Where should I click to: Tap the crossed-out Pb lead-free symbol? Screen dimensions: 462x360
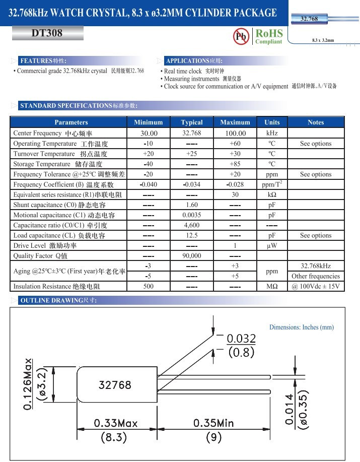pos(241,36)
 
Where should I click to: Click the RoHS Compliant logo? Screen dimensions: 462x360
pos(268,36)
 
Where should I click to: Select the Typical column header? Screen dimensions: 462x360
pos(192,122)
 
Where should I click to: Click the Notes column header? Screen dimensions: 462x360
pos(316,122)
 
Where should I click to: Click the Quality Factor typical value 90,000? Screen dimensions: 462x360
pos(192,256)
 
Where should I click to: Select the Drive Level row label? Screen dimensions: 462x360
pos(45,246)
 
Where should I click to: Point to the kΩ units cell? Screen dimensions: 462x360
pos(272,194)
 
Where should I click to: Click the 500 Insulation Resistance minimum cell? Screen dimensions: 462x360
pos(148,287)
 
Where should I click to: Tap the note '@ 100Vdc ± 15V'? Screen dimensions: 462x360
pos(316,287)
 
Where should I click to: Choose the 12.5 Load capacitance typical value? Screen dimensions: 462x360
pos(192,235)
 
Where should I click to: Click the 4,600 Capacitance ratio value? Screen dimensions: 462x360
pos(192,225)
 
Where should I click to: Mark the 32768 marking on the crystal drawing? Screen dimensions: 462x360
pos(114,385)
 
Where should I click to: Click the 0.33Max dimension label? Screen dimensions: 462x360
pos(116,423)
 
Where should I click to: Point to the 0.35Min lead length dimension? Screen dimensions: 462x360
pos(213,423)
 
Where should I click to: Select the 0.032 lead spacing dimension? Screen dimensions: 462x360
pos(241,339)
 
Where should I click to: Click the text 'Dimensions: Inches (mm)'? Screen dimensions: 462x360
pos(301,327)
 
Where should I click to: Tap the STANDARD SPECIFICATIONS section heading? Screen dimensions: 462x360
pos(78,106)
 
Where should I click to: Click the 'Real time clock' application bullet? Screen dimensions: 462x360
pos(182,72)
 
